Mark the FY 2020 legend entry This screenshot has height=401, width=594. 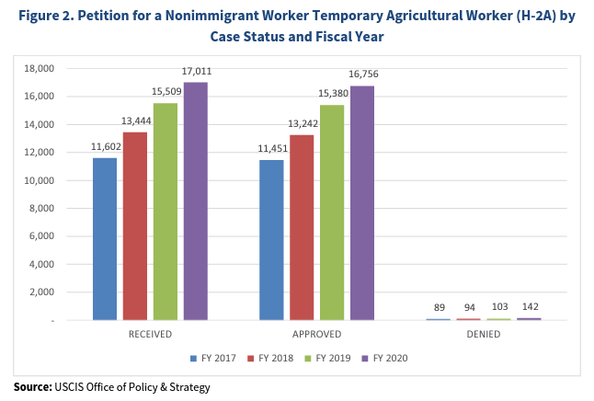[x=385, y=359]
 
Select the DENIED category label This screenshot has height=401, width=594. [x=483, y=334]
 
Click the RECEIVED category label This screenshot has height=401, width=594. [x=150, y=334]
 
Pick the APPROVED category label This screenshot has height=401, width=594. [x=316, y=334]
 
